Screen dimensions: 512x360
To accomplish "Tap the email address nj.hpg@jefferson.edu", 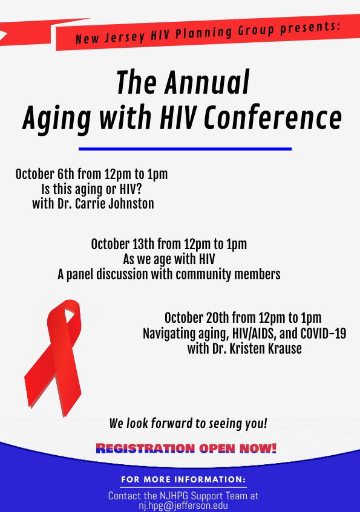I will click(183, 506).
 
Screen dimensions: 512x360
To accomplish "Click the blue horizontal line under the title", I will click(185, 148).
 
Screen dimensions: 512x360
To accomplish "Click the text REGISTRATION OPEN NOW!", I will click(186, 449).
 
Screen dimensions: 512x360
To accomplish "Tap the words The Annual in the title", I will click(183, 82).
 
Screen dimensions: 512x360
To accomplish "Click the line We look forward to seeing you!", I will click(188, 424).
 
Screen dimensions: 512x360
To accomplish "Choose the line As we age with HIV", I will click(169, 259).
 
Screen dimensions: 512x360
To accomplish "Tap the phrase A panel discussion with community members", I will click(169, 274).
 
